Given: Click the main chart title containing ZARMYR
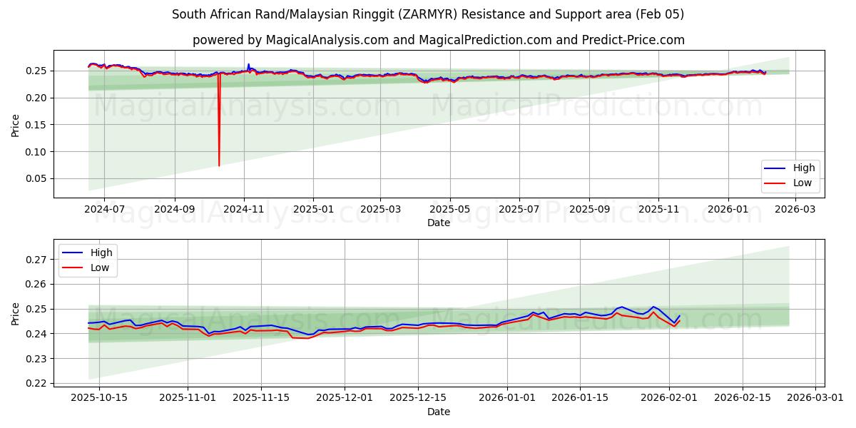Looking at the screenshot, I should click(428, 14).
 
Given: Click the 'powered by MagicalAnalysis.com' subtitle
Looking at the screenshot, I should click(438, 40).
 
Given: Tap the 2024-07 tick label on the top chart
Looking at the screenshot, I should click(104, 209).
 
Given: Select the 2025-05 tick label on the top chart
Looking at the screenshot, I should click(450, 209).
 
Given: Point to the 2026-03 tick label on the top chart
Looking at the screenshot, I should click(795, 209).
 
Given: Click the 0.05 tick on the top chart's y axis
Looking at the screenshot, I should click(36, 179).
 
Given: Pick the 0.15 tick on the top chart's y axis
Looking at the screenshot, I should click(36, 125).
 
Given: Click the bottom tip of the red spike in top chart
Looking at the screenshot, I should click(219, 166).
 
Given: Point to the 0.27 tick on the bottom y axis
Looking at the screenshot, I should click(36, 260).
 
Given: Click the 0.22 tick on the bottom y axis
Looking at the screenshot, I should click(36, 384).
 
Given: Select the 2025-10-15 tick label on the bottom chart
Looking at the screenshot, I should click(98, 398).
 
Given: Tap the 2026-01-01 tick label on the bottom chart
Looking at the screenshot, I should click(507, 398).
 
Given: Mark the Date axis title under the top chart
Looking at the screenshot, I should click(438, 223).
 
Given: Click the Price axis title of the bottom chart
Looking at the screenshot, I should click(16, 314).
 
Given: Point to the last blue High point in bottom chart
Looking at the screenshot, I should click(679, 316).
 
